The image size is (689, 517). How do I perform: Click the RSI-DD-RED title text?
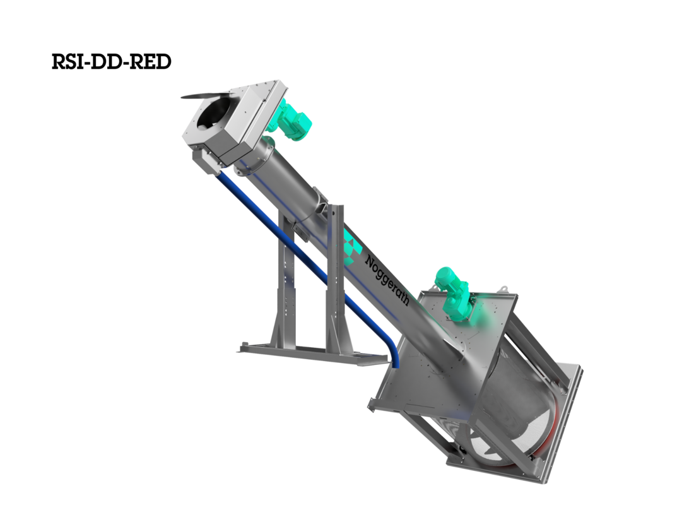tap(111, 62)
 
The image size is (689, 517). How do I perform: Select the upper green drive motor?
tap(292, 120)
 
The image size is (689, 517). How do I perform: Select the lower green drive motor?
tap(454, 292)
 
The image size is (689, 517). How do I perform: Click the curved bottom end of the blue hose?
tap(394, 352)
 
